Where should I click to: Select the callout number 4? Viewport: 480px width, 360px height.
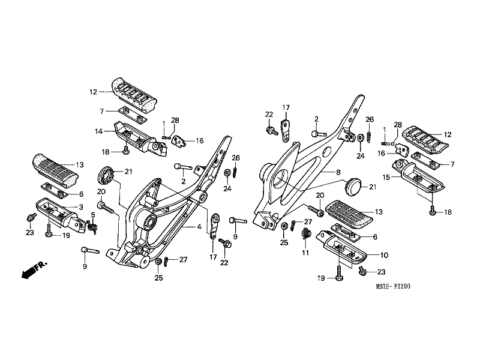pyautogui.click(x=199, y=227)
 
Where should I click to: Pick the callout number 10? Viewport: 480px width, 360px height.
pyautogui.click(x=384, y=254)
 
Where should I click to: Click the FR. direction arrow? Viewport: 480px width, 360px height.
pyautogui.click(x=33, y=269)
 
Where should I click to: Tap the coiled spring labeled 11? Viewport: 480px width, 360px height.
pyautogui.click(x=307, y=234)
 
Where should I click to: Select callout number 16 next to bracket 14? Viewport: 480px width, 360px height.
pyautogui.click(x=200, y=141)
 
